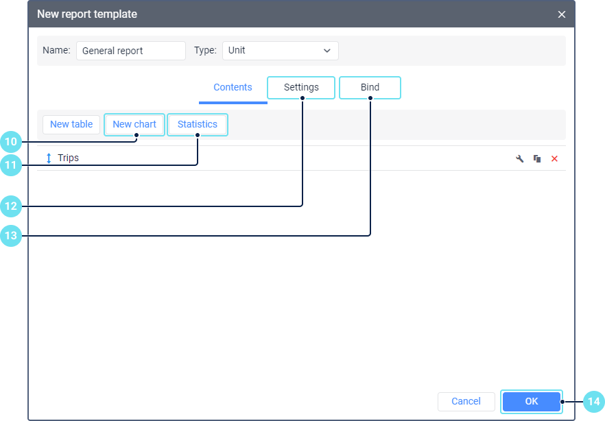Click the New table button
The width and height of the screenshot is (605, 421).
click(x=71, y=125)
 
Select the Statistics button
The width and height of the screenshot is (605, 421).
click(x=198, y=125)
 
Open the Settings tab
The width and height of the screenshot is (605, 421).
click(x=301, y=88)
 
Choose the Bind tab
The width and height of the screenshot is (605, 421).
click(x=370, y=88)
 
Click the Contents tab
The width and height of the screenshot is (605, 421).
click(x=233, y=88)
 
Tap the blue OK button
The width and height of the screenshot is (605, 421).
click(x=532, y=401)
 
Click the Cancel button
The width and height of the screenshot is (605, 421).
click(x=466, y=402)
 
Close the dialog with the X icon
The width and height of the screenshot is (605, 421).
click(x=561, y=14)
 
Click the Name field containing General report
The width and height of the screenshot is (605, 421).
click(x=131, y=51)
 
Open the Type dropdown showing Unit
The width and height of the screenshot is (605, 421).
click(x=281, y=51)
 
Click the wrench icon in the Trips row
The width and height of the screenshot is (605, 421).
click(x=520, y=158)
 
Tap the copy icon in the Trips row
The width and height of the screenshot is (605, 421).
click(x=537, y=158)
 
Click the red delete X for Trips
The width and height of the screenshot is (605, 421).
click(x=554, y=158)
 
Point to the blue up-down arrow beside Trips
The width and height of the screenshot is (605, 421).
click(x=49, y=158)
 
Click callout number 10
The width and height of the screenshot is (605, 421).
click(x=11, y=142)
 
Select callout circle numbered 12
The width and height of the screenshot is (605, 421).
click(x=11, y=206)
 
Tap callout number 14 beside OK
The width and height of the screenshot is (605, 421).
click(x=594, y=402)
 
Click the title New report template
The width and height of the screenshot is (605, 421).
click(x=87, y=14)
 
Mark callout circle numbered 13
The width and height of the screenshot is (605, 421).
click(x=11, y=236)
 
